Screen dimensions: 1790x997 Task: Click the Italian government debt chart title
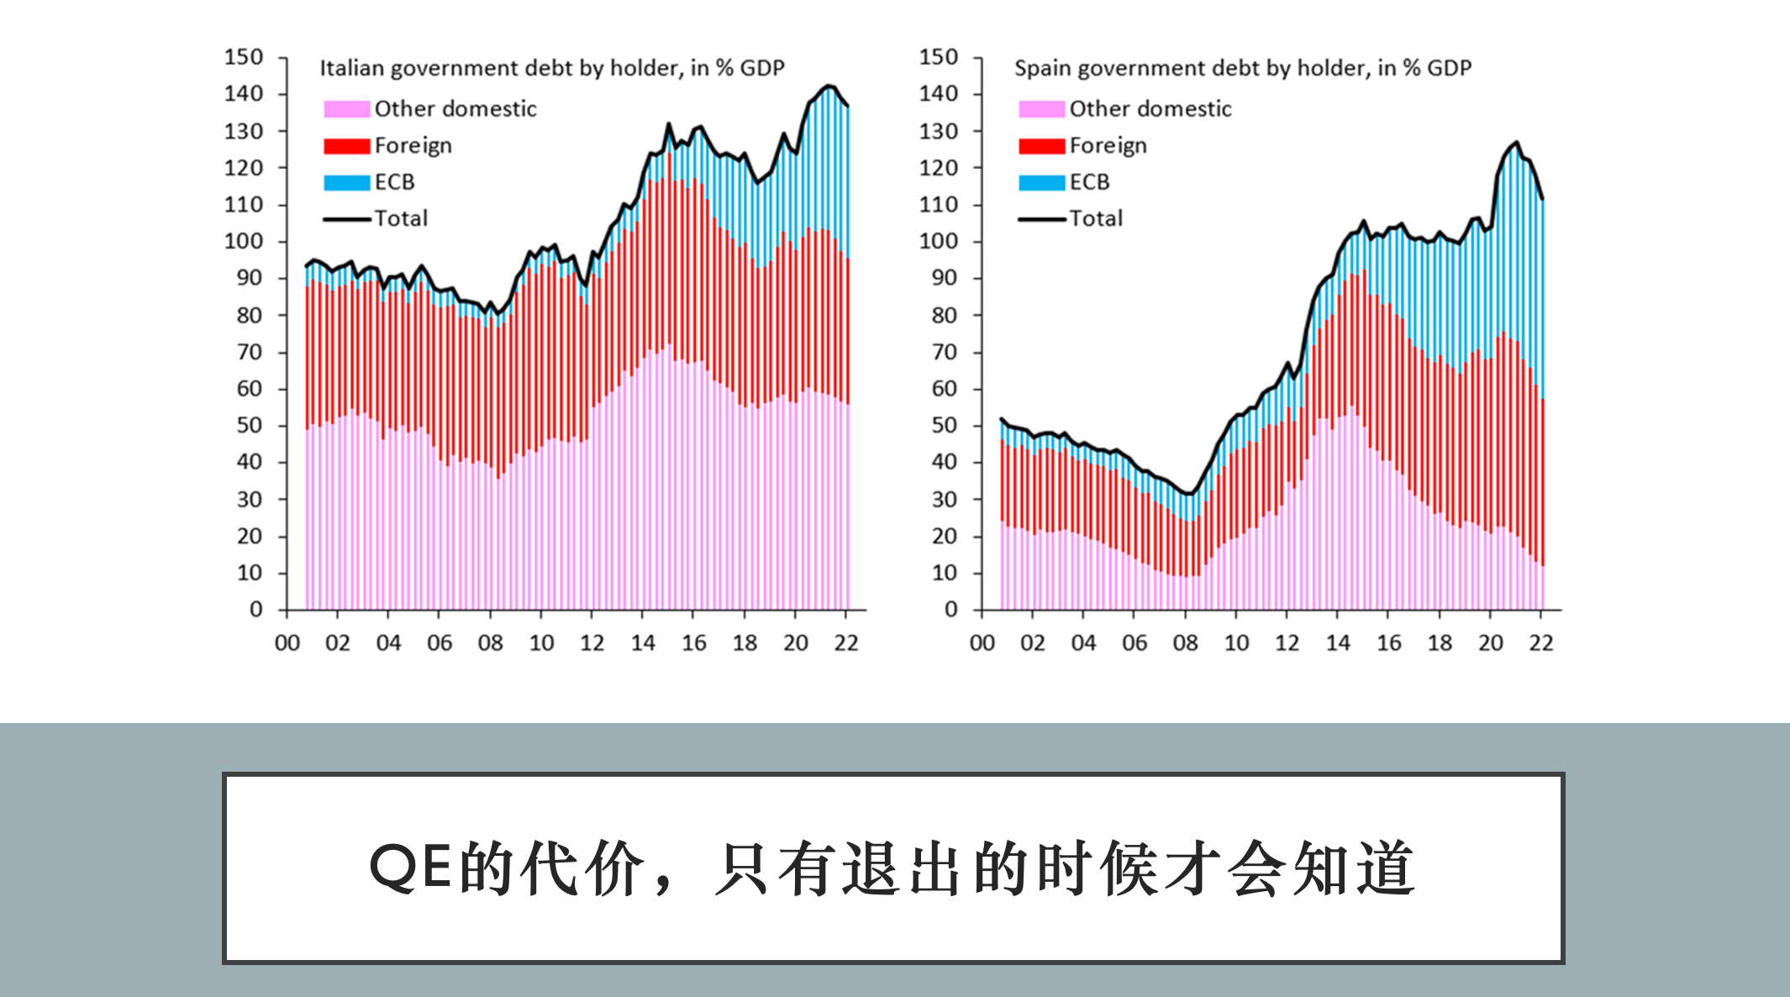click(552, 68)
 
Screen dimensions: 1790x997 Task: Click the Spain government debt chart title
click(1243, 68)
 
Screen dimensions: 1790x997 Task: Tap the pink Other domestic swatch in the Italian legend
click(346, 109)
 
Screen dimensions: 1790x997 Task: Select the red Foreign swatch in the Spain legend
click(1041, 146)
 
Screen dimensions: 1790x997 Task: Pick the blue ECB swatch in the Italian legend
click(346, 182)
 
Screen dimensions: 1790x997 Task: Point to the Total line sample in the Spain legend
click(1041, 219)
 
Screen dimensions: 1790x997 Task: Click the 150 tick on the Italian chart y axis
click(244, 57)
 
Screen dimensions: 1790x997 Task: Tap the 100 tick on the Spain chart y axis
click(939, 241)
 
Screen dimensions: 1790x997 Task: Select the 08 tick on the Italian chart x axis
click(491, 643)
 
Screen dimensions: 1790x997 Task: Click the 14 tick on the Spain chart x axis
click(1338, 643)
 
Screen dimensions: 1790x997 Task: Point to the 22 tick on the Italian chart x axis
click(846, 643)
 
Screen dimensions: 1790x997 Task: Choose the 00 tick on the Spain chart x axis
click(982, 643)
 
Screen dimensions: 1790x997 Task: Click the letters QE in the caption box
click(413, 868)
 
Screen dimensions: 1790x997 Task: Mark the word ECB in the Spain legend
click(1089, 182)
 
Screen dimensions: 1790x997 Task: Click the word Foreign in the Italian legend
click(413, 146)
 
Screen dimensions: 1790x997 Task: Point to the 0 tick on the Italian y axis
click(256, 609)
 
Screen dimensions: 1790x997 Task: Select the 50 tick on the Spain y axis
click(945, 425)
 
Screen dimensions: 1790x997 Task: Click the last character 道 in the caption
click(1387, 868)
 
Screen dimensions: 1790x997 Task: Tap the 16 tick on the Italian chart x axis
click(694, 643)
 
